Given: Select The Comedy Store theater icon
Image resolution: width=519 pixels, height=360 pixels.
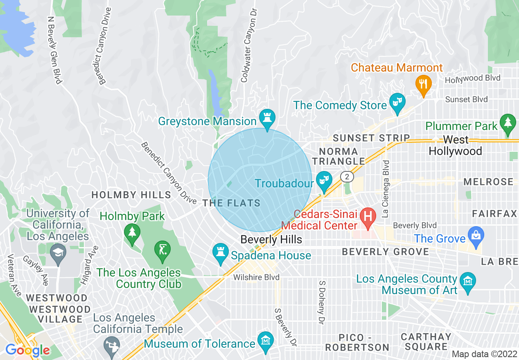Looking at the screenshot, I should pyautogui.click(x=397, y=100).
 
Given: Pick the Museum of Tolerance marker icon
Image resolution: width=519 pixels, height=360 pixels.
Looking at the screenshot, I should pyautogui.click(x=266, y=340).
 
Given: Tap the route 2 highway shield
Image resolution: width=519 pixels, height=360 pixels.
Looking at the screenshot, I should pyautogui.click(x=347, y=176).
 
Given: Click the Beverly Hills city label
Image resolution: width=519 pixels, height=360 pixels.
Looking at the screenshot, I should pyautogui.click(x=271, y=240).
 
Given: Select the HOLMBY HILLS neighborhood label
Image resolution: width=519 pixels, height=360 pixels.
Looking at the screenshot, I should pyautogui.click(x=131, y=195).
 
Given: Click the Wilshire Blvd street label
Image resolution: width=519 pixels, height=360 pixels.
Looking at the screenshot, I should pyautogui.click(x=256, y=277).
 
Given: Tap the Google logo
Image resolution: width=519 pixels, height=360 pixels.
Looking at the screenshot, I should pyautogui.click(x=27, y=350).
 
